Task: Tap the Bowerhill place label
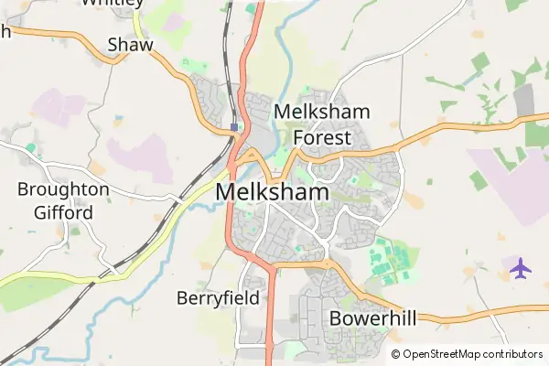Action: point(372,319)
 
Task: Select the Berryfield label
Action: point(218,297)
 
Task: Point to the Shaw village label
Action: point(130,45)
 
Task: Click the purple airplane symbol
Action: point(521,269)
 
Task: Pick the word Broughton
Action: point(63,190)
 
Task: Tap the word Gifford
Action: point(63,213)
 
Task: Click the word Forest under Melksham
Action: point(322,138)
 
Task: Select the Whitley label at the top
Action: point(112,3)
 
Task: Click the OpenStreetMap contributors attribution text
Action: point(467,354)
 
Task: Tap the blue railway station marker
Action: point(235,127)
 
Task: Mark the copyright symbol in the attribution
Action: point(395,354)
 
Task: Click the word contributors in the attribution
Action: point(512,354)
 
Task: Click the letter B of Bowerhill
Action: point(335,319)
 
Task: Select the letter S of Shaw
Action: point(113,45)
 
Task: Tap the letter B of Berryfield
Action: point(181,297)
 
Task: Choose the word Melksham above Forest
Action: point(322,113)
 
